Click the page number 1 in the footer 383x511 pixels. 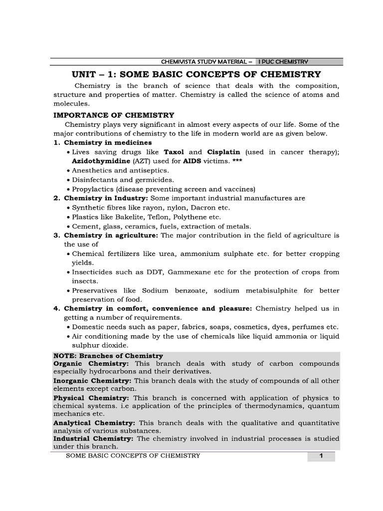(x=321, y=456)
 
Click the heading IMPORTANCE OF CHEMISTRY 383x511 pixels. (x=114, y=115)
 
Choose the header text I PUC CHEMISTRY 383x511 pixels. (x=283, y=62)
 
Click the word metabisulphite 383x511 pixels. (x=259, y=290)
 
